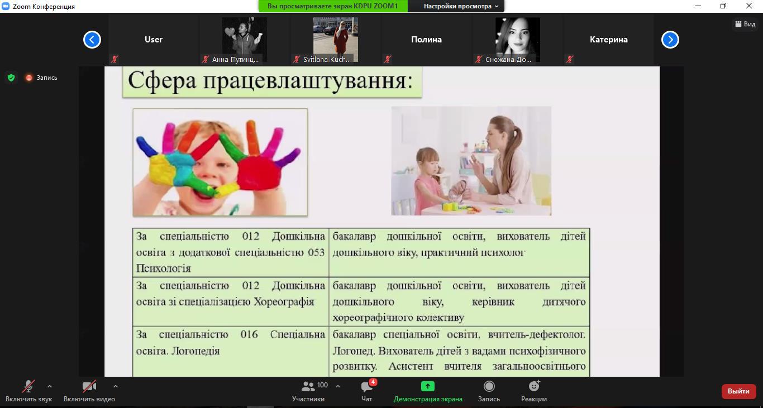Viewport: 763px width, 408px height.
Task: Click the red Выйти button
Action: point(738,391)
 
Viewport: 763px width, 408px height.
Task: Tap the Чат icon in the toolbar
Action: point(366,387)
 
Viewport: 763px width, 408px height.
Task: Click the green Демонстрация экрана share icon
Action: point(428,386)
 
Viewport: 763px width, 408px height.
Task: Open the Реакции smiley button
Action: point(534,386)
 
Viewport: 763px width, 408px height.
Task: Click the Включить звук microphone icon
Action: point(28,386)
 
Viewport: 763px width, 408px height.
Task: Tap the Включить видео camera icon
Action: point(89,386)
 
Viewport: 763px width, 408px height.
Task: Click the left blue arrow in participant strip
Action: point(92,40)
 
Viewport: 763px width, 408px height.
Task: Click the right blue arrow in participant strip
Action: point(670,40)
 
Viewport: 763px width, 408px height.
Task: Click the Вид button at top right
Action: point(745,24)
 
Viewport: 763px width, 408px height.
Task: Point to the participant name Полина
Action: point(426,40)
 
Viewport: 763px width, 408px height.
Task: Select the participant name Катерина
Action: point(608,40)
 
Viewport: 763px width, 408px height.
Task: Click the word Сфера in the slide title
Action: point(162,81)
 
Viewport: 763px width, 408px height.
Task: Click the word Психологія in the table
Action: point(163,268)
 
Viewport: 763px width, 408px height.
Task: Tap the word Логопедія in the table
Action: point(195,351)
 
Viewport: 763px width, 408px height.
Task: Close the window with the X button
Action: point(748,6)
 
